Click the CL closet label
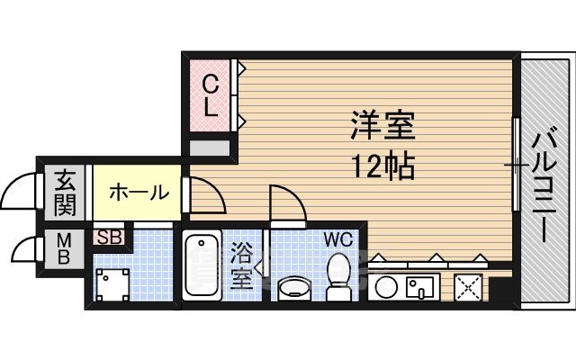tap(209, 95)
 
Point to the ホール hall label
tap(139, 192)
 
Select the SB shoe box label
tap(109, 238)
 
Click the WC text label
tap(338, 240)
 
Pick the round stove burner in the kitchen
tap(384, 289)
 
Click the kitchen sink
tap(421, 288)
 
